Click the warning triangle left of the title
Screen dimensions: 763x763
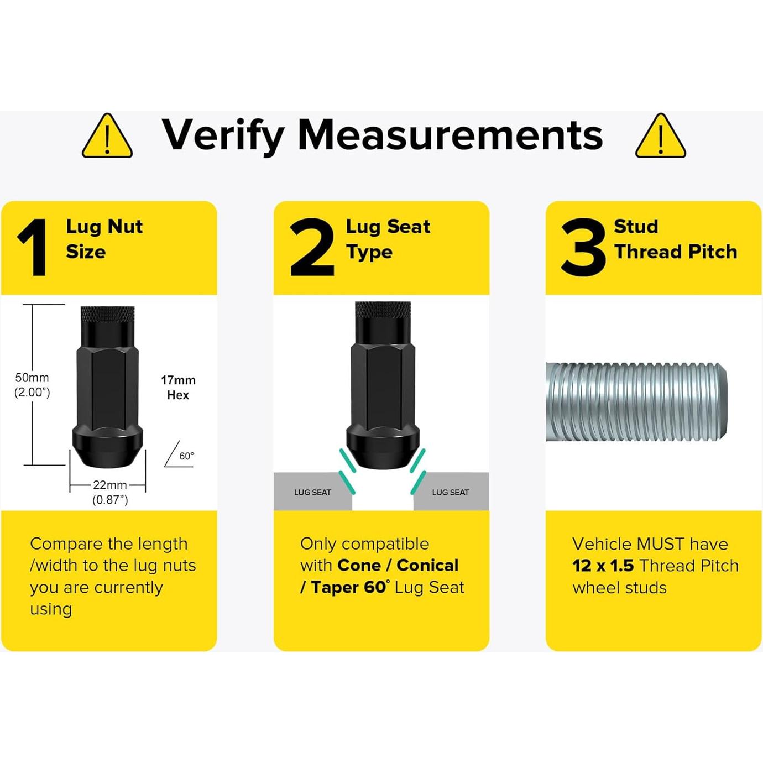(107, 137)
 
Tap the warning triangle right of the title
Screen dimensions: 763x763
(661, 137)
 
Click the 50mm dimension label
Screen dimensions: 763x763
(32, 384)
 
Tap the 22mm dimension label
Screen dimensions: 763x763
(110, 492)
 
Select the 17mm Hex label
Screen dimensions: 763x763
(178, 387)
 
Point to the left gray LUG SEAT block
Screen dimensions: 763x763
(313, 492)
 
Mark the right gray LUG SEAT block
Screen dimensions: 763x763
(451, 492)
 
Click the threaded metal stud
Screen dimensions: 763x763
(636, 402)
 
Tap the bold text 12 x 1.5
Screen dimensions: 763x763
(603, 566)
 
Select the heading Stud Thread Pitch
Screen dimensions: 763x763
(676, 239)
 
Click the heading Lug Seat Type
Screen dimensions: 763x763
(388, 239)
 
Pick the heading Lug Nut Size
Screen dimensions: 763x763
(104, 239)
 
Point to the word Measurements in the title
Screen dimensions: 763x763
(450, 135)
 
